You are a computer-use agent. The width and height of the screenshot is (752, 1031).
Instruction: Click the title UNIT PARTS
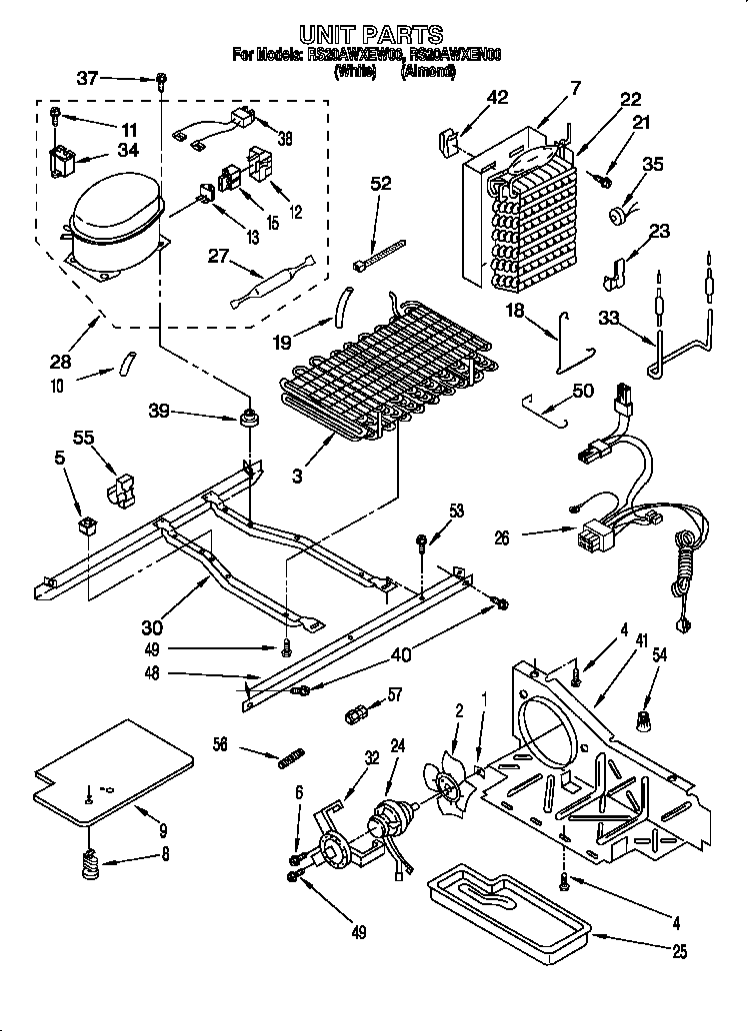coord(371,36)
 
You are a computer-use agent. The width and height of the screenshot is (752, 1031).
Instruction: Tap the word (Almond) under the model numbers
coord(428,71)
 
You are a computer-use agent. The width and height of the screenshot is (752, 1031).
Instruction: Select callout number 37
coord(88,78)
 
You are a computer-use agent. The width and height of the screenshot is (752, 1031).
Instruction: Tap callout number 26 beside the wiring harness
coord(502,536)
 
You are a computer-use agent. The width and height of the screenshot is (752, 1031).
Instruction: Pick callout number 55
coord(84,438)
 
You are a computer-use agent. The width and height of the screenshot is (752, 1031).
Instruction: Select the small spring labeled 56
coord(288,757)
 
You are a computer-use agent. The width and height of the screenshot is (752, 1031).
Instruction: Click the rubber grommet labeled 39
coord(247,415)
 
